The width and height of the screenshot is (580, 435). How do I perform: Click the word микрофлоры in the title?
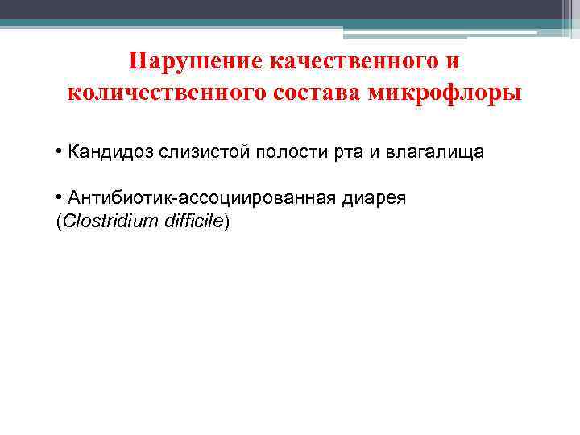click(445, 93)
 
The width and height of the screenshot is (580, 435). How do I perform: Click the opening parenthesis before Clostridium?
click(56, 222)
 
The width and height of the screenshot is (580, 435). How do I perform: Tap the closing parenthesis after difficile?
click(227, 222)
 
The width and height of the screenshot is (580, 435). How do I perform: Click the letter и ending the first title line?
click(457, 63)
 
